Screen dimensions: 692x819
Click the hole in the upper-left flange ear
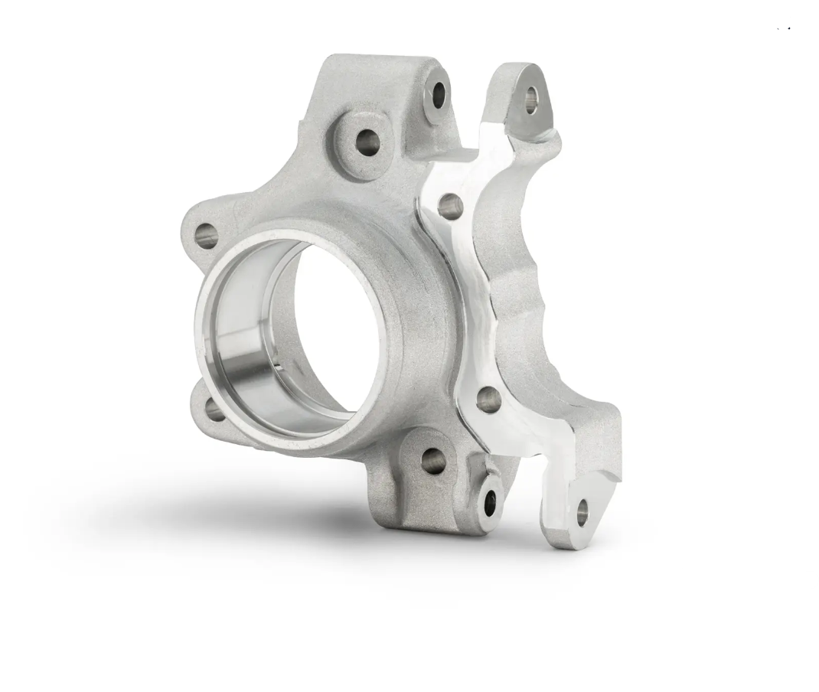tap(205, 235)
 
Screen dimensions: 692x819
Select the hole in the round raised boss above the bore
tap(367, 142)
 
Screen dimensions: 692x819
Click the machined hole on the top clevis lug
tap(439, 95)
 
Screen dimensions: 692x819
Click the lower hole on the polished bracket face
tap(488, 400)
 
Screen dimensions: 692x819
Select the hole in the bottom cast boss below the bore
tap(433, 460)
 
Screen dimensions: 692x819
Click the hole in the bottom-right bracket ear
tap(582, 512)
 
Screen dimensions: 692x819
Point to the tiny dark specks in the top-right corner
tap(784, 28)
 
